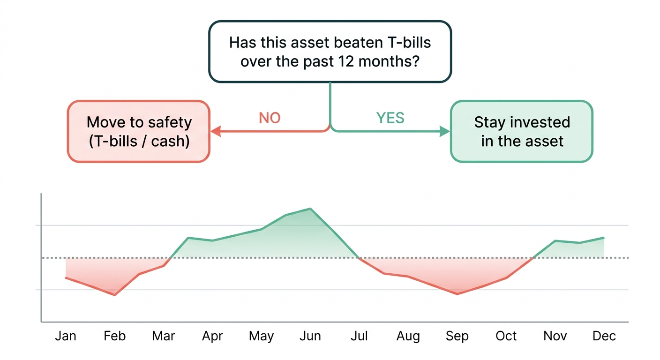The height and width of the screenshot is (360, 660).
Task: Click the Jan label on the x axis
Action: coord(66,336)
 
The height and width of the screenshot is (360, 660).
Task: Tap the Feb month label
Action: coord(114,336)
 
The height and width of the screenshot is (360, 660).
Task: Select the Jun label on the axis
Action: coord(310,336)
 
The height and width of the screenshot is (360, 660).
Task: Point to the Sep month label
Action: coord(457,336)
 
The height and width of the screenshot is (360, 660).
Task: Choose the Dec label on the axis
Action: coord(604,336)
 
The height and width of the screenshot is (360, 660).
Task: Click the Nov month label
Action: coord(555,336)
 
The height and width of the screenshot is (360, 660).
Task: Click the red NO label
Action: coord(270,118)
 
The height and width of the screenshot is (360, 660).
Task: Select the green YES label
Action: coord(390,118)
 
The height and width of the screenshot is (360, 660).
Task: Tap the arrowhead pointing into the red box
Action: coord(216,132)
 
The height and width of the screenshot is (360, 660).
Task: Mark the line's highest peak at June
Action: coord(310,209)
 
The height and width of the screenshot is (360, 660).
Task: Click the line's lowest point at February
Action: coord(114,295)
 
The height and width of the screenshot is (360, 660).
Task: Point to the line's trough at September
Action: coord(457,294)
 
